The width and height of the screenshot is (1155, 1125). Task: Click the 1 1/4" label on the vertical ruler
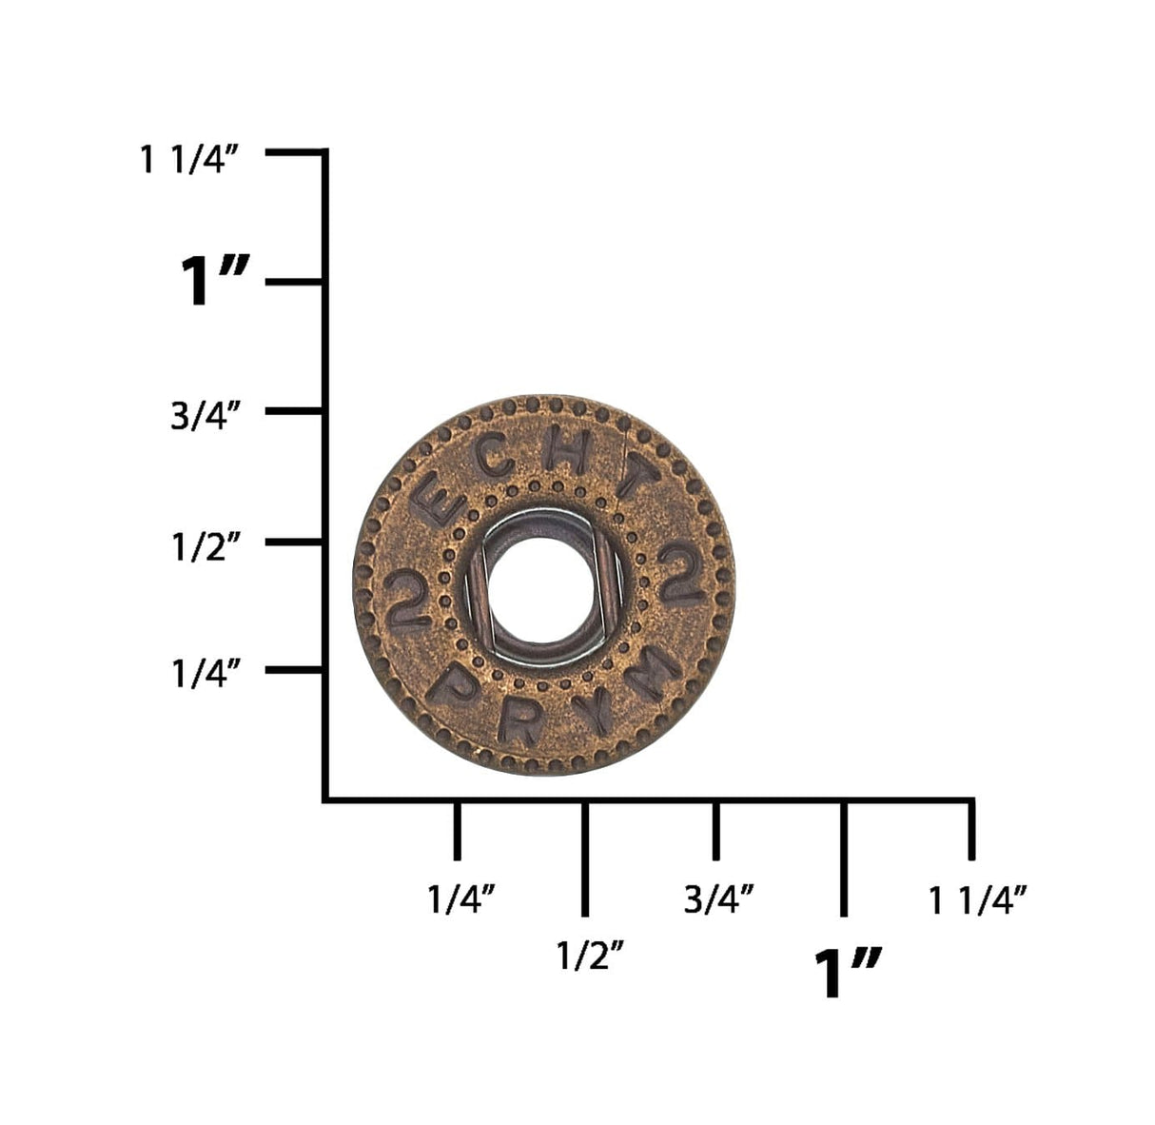189,160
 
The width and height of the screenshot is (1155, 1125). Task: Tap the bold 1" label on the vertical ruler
214,281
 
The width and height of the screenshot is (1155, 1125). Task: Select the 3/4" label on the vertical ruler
206,415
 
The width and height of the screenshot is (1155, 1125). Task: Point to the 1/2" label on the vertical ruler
206,546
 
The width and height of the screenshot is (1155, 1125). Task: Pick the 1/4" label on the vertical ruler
206,674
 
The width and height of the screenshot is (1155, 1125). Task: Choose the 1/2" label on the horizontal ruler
590,956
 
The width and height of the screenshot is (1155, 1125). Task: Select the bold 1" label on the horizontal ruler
848,975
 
